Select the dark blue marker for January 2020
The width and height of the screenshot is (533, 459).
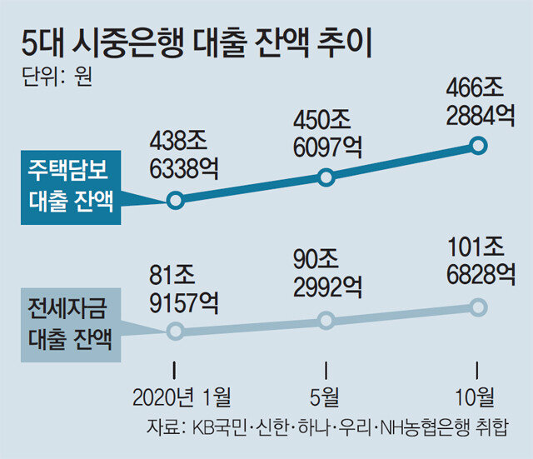coord(174,200)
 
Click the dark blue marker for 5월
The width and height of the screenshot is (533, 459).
coord(326,177)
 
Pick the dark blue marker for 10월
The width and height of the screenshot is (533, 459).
coord(478,145)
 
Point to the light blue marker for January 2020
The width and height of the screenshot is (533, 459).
coord(174,331)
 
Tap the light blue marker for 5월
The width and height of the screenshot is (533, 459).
coord(326,320)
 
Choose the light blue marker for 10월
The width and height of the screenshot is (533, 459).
coord(478,307)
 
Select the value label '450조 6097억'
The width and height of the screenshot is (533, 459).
coord(326,132)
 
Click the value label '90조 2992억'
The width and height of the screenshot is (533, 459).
coord(326,273)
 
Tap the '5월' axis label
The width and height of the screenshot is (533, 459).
coord(326,393)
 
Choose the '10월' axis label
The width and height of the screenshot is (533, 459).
coord(477,393)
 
